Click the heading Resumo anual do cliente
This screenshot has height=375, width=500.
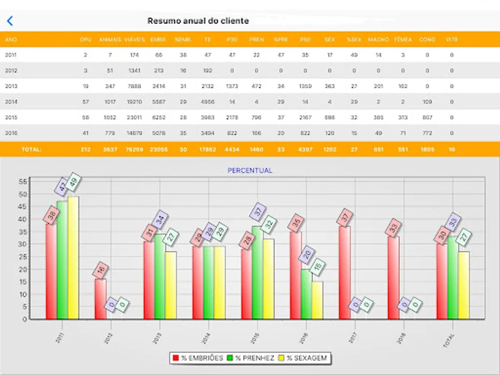pos(198,21)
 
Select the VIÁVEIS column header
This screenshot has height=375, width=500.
pos(134,40)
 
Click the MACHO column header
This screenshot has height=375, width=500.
pos(378,40)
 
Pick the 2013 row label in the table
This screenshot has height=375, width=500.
pos(11,86)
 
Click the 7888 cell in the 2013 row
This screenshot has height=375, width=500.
pos(134,86)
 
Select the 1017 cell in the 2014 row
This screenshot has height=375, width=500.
pos(110,102)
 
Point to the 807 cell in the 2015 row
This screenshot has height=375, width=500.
pos(427,117)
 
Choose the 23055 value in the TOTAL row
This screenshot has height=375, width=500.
pos(158,149)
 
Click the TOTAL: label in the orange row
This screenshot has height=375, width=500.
pos(32,149)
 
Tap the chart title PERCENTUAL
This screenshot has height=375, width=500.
pos(250,171)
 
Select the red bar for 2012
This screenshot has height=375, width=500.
pos(100,299)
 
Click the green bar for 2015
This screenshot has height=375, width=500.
pos(257,272)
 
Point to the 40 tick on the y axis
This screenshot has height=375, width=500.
pos(24,219)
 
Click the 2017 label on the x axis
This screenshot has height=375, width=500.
pos(352,337)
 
